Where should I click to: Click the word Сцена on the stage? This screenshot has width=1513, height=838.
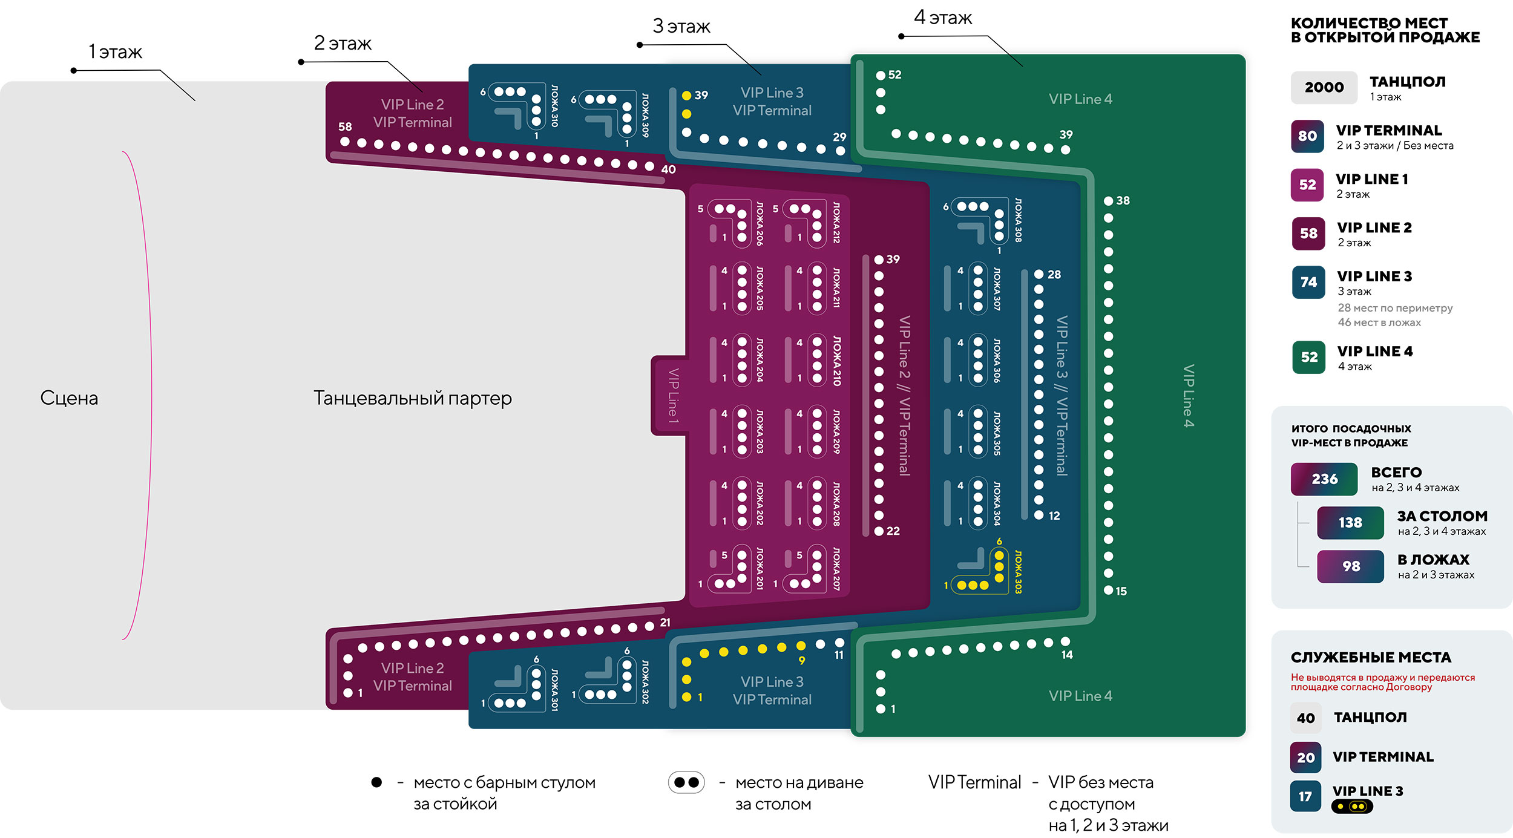[69, 398]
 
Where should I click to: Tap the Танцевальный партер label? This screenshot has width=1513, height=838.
[412, 398]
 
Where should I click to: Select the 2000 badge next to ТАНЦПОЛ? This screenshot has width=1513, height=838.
[1324, 87]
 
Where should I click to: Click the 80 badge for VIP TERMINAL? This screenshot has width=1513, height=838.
[1307, 136]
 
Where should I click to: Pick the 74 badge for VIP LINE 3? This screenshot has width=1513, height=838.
[1308, 282]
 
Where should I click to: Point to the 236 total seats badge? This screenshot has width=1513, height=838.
[1324, 479]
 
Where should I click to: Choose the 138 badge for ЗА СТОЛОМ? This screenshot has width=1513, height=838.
[1350, 523]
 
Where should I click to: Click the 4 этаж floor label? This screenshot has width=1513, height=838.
[943, 18]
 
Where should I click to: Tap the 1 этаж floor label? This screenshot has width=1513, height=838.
[115, 52]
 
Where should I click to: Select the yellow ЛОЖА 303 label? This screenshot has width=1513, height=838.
[1018, 572]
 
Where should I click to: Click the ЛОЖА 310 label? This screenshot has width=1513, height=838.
[554, 106]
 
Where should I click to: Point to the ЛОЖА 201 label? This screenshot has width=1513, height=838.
[760, 568]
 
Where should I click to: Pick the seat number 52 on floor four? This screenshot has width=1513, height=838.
[894, 75]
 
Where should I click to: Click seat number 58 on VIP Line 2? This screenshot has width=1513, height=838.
[345, 127]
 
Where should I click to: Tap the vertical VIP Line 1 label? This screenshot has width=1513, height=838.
[673, 396]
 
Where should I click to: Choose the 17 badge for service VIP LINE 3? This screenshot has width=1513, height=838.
[1305, 796]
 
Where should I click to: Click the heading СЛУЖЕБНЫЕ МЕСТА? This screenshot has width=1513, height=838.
[1371, 658]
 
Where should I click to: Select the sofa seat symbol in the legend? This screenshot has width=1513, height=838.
[686, 782]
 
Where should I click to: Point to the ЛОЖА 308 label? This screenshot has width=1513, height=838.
[1018, 220]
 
